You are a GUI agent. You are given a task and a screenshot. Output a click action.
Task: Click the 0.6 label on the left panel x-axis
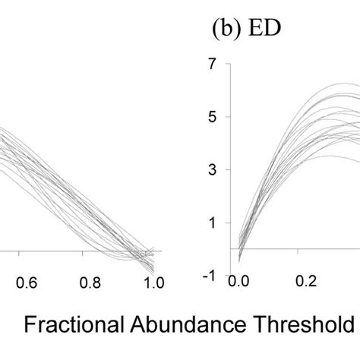(x=27, y=283)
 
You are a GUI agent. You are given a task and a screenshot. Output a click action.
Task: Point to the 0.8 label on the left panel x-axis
(x=90, y=283)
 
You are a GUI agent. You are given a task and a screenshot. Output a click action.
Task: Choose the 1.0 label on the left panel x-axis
(x=153, y=283)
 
